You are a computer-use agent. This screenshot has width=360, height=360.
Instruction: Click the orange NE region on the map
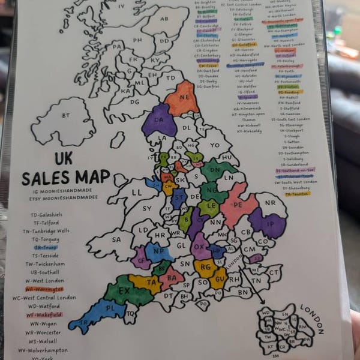tap(181, 98)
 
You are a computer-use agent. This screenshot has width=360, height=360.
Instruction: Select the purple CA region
tap(159, 120)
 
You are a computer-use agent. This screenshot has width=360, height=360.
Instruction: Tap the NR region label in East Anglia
tap(271, 203)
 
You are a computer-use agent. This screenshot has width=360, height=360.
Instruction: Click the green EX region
tap(124, 292)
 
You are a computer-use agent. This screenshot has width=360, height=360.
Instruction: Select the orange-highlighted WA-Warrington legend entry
tap(44, 289)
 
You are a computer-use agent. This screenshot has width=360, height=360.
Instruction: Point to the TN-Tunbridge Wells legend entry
tap(46, 230)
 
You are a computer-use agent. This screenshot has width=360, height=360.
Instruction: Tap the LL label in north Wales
tap(137, 193)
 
